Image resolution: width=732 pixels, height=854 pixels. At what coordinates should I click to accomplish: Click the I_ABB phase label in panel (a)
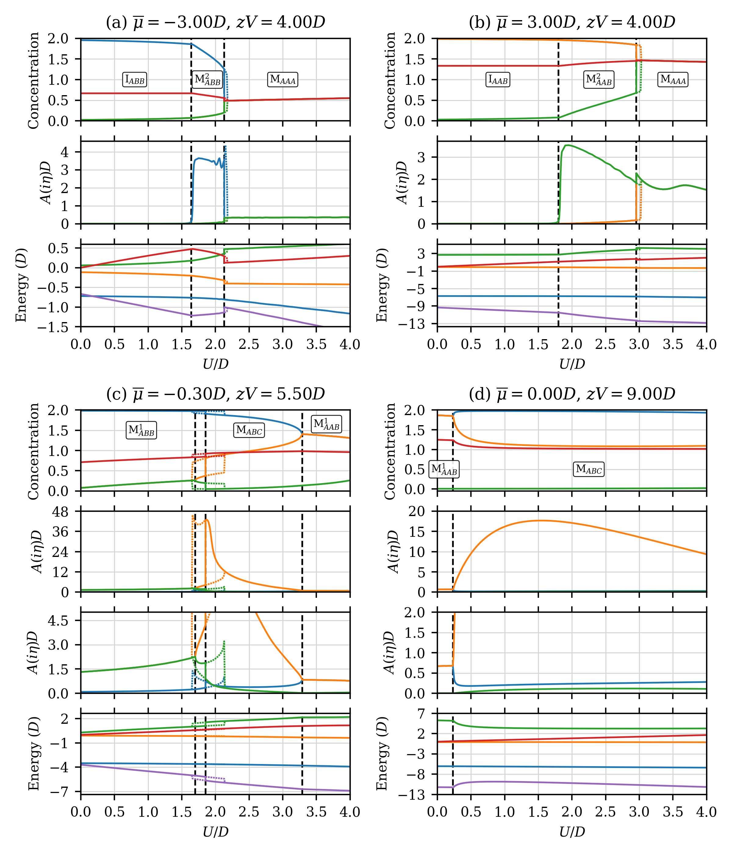point(135,80)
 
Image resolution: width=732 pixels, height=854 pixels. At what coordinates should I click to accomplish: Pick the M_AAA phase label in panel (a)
point(283,80)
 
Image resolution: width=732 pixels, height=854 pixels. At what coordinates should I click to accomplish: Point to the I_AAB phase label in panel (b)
point(498,80)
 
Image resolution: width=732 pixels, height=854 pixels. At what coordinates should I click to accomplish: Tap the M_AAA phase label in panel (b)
point(673,80)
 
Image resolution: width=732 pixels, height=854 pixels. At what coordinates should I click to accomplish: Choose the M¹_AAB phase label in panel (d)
point(444,469)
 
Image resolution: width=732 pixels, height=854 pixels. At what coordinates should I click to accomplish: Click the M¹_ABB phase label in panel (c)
point(142,431)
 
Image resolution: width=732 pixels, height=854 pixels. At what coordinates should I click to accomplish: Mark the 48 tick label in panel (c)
point(60,511)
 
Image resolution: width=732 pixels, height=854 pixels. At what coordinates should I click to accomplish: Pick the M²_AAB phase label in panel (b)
point(599,80)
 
